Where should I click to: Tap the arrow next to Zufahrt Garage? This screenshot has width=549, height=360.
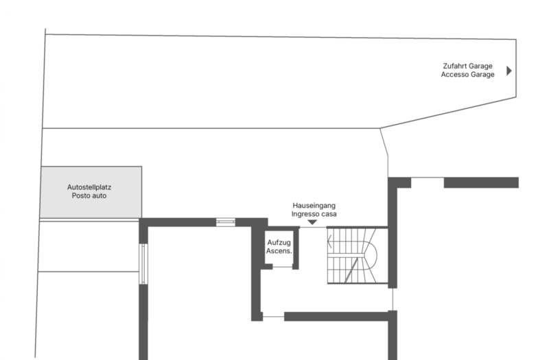[509, 71]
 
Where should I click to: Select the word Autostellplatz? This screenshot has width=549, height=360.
[89, 187]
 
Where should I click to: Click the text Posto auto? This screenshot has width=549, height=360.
[89, 195]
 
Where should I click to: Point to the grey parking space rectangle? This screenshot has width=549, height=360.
[91, 192]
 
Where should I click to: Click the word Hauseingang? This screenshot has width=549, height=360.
[314, 205]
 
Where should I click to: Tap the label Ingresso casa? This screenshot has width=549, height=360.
[314, 214]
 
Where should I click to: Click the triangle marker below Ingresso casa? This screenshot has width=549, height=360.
[312, 222]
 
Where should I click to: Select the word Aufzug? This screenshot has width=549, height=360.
[279, 243]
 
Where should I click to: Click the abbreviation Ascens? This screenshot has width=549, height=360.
[279, 251]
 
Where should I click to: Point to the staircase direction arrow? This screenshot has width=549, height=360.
[329, 241]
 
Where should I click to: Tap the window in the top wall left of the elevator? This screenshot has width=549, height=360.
[226, 222]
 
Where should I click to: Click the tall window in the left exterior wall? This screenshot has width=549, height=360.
[143, 264]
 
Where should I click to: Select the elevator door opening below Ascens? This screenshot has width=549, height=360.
[282, 267]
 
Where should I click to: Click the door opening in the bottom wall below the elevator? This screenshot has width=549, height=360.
[273, 317]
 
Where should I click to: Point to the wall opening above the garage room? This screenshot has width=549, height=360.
[428, 178]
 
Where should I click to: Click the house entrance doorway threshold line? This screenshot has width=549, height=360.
[313, 228]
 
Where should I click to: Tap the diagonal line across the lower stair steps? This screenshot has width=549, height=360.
[351, 269]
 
